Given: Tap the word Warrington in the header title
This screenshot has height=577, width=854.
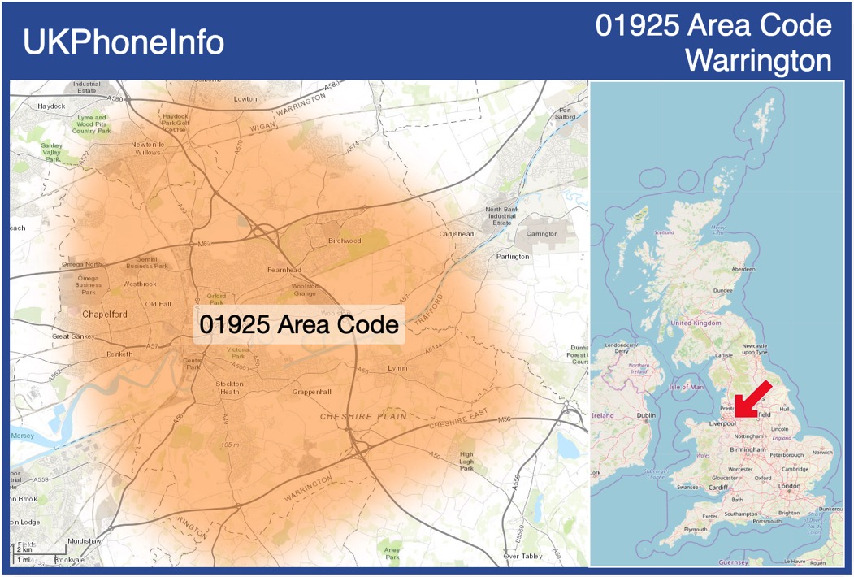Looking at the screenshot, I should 758,60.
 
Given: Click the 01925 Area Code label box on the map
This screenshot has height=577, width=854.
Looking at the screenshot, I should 299,324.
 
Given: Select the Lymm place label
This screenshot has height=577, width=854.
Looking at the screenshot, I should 398,368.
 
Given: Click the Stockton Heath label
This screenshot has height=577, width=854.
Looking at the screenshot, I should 229,388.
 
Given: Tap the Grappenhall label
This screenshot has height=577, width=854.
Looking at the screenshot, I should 312,392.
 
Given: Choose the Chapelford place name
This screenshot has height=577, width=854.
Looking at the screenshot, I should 105,314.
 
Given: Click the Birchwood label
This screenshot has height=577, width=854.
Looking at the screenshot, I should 345,241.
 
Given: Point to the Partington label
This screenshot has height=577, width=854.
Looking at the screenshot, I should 513,257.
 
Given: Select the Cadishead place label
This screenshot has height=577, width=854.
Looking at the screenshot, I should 456,234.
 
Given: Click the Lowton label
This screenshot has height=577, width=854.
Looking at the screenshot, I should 245,99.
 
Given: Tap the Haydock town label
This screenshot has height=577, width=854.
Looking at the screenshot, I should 50,106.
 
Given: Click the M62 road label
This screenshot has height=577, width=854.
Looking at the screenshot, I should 205,243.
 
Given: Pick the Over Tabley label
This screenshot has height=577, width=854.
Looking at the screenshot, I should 522,557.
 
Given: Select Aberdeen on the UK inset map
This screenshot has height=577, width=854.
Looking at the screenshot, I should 743,269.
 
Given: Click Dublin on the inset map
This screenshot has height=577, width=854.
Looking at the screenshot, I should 646,416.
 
